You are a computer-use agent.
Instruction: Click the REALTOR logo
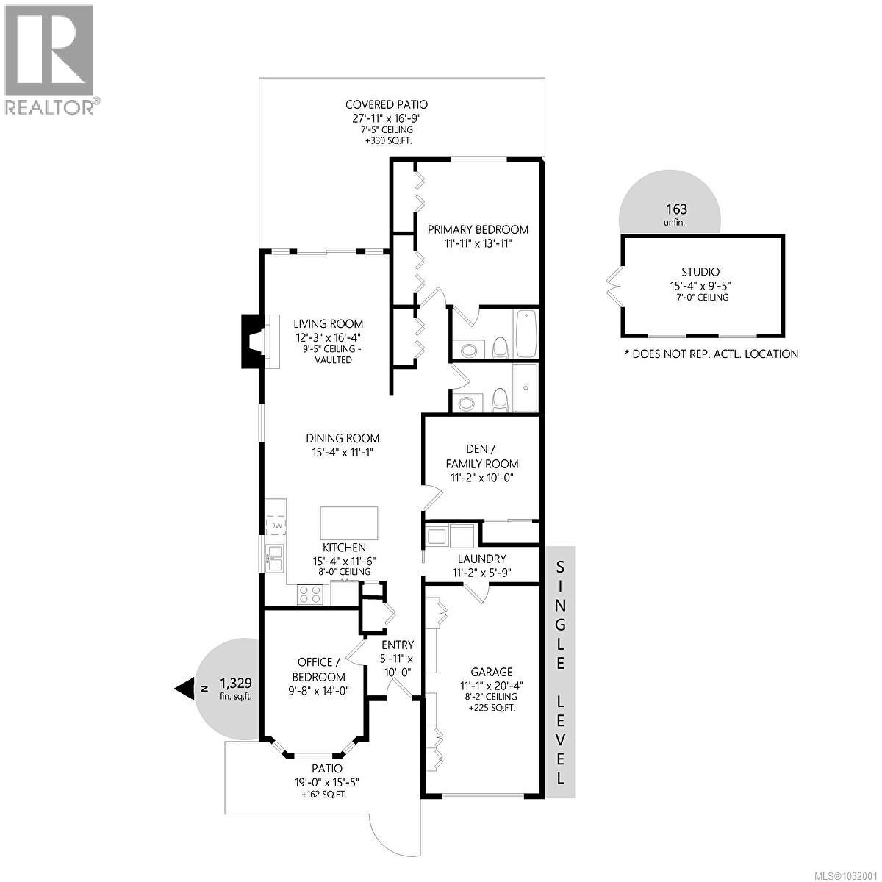point(49,59)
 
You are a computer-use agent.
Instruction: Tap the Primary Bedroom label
point(478,229)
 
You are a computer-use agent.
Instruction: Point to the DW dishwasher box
point(276,526)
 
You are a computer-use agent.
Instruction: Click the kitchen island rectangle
point(349,523)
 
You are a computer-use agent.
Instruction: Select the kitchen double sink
point(273,558)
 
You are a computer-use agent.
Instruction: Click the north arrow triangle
point(184,688)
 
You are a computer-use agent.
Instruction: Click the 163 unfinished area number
point(676,209)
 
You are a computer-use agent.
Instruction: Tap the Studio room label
point(700,272)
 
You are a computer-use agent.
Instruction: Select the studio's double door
point(614,284)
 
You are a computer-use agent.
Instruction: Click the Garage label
point(492,672)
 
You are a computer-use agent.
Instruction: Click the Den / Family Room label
point(481,456)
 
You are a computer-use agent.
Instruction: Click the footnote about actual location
point(710,354)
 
